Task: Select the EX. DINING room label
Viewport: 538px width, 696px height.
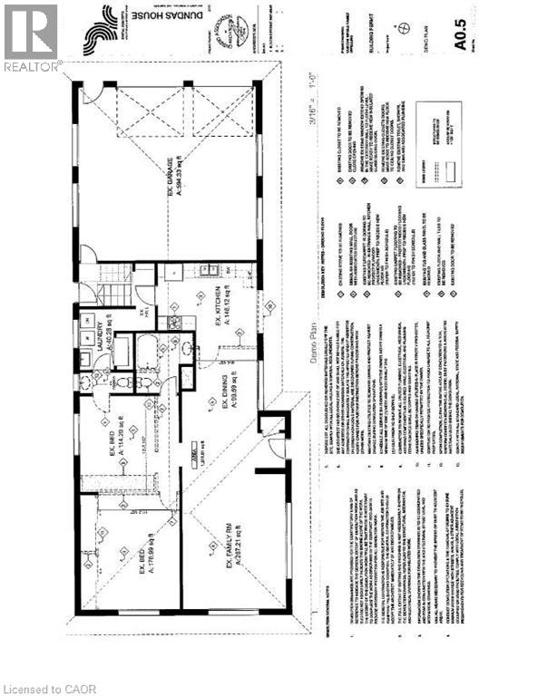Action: coord(218,399)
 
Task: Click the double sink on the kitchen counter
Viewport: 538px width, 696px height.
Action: coord(207,269)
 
